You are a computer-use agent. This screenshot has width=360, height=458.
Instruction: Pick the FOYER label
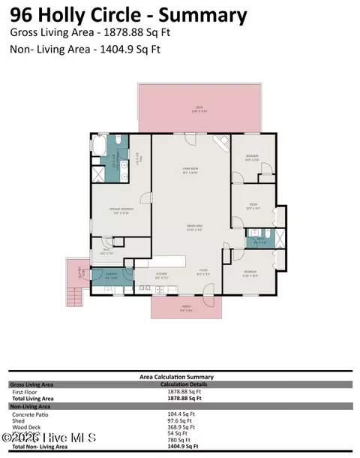203,273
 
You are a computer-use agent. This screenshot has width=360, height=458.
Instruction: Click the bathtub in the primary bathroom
100,146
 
